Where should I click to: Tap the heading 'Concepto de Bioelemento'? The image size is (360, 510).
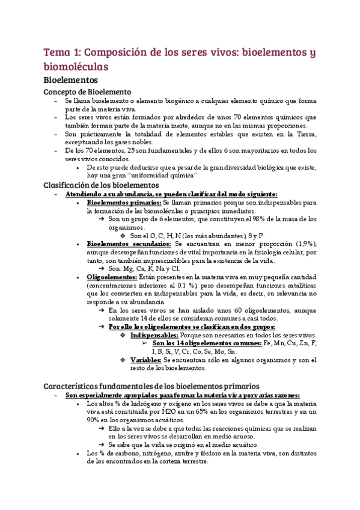[87, 91]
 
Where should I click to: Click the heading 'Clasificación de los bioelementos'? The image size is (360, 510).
[102, 185]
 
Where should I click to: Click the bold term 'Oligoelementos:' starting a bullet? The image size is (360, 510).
[112, 277]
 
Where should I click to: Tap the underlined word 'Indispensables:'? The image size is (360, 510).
[154, 334]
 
